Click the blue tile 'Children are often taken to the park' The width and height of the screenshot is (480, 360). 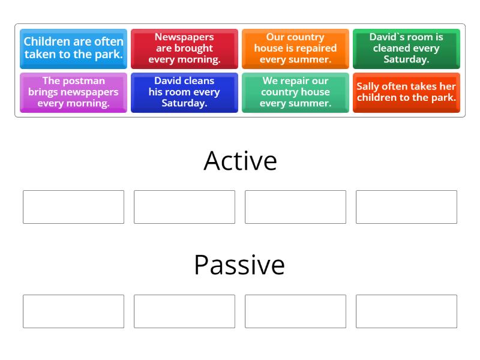click(x=73, y=48)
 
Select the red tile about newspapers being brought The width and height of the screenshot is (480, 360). click(x=184, y=48)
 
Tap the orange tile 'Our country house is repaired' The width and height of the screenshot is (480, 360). click(x=295, y=48)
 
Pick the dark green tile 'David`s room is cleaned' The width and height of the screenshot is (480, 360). click(x=406, y=48)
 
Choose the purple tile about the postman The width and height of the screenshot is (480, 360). click(x=73, y=92)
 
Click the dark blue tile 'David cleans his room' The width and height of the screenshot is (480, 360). click(x=184, y=92)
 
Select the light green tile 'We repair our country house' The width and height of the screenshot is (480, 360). click(x=295, y=92)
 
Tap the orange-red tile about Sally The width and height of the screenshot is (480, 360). click(x=406, y=92)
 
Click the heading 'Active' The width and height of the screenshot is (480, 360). click(x=240, y=161)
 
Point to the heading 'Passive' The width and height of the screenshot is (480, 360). click(x=239, y=265)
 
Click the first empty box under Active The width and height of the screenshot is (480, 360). click(x=73, y=207)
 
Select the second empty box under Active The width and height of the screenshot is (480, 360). click(x=184, y=207)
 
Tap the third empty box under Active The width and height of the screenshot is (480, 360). click(x=295, y=207)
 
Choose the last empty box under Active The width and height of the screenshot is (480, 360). click(x=406, y=207)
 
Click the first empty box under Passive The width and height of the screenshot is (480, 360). click(x=73, y=311)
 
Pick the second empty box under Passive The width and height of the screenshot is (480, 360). click(x=184, y=311)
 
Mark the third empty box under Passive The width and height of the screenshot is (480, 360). click(x=295, y=311)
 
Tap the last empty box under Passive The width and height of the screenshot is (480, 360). click(x=406, y=311)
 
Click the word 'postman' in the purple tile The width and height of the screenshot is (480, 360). click(x=83, y=81)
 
